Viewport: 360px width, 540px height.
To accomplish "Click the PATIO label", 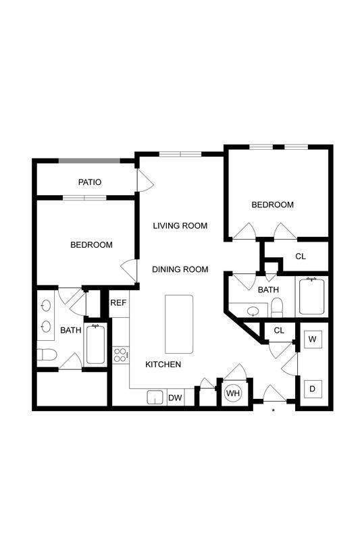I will coord(89,182).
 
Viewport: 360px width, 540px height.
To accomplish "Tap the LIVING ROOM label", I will coord(180,225).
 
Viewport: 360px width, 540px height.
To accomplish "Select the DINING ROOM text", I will coord(180,269).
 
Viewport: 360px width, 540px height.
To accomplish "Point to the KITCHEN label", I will coord(163,364).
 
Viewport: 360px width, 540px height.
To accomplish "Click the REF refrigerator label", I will coord(118,303).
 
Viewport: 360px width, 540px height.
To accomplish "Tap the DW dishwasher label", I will coord(175,398).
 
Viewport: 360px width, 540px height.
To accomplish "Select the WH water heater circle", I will coord(233,393).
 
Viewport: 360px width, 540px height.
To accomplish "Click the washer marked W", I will coord(313,339).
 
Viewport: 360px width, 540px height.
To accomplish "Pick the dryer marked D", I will coord(313,389).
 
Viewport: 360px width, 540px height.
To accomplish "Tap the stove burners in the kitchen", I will coord(121,355).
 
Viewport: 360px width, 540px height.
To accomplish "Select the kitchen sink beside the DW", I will coord(155,398).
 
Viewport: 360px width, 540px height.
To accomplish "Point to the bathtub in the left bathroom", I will coord(95,344).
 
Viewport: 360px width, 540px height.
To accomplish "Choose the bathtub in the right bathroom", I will coord(312,297).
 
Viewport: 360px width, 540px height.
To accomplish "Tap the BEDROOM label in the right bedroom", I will coord(273,205).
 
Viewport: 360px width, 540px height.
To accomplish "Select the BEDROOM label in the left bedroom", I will coord(91,245).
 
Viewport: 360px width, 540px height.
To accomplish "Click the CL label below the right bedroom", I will coord(301,256).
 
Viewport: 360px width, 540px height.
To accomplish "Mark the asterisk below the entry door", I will coord(274,410).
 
